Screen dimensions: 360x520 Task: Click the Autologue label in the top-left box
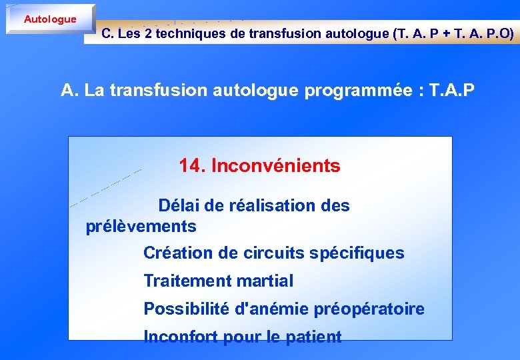[50, 19]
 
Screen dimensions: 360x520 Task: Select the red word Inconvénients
[275, 166]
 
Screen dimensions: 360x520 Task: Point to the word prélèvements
[141, 227]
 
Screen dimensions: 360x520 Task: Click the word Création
[175, 253]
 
